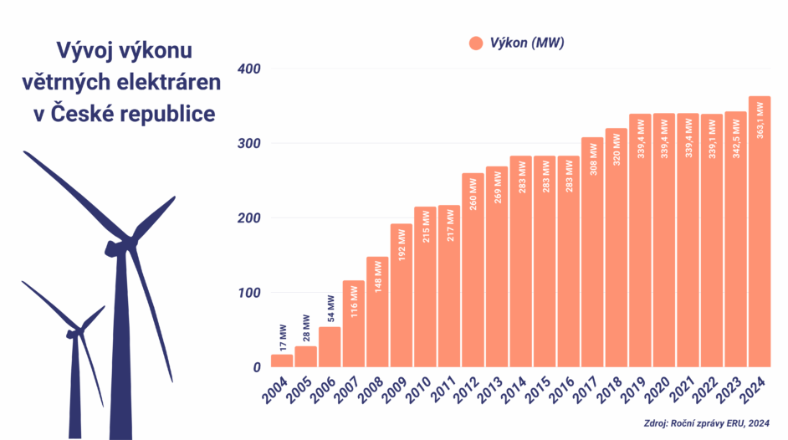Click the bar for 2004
(282, 361)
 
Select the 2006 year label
(325, 390)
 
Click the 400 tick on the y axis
(249, 69)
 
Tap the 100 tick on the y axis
(249, 293)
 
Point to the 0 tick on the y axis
(256, 367)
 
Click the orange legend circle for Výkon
(476, 43)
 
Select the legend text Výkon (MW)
(527, 43)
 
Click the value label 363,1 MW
(760, 120)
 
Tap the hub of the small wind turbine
(72, 332)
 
